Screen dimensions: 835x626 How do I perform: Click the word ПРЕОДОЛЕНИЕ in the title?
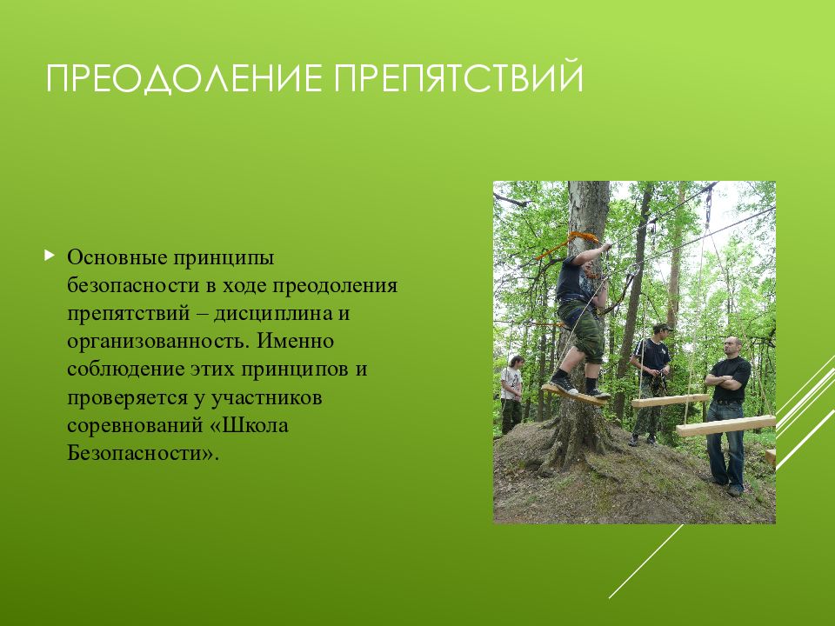coord(184,78)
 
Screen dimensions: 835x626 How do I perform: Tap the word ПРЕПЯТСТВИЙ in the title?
coord(458,77)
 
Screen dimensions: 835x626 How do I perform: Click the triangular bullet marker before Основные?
coord(50,256)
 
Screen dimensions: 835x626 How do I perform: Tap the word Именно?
coord(296,341)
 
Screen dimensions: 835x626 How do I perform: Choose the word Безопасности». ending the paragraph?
coord(143,453)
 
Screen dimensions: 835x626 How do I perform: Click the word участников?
coord(266,397)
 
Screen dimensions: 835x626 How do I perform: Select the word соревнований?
coord(132,426)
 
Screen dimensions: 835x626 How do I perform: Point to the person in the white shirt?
coord(511,393)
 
